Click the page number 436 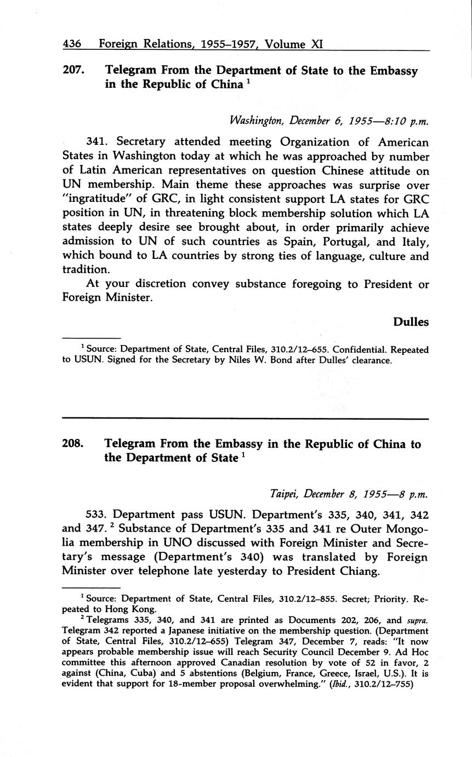click(x=72, y=43)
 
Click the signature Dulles click(x=411, y=322)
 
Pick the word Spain click(x=288, y=242)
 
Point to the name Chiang click(x=358, y=572)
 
